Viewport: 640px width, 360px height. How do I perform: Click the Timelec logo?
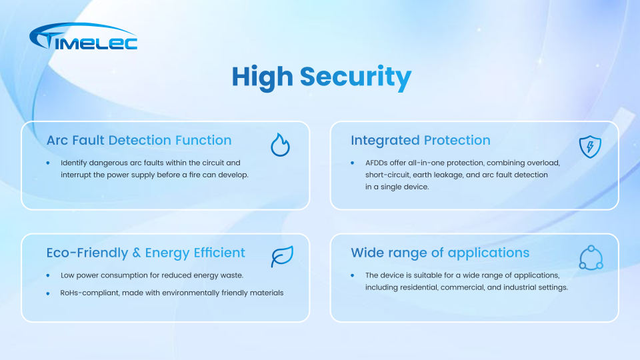coord(83,36)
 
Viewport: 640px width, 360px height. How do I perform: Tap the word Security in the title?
coord(355,77)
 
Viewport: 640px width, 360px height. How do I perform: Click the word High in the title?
coord(263,77)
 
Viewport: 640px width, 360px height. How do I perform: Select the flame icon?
coord(280,145)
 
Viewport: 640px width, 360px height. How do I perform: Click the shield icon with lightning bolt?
coord(590,147)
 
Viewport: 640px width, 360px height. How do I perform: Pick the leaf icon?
coord(282,256)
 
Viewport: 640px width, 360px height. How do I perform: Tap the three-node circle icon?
coord(591,257)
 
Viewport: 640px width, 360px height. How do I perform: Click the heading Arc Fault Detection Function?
coord(139,141)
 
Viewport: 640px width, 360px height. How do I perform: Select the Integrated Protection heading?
coord(421,141)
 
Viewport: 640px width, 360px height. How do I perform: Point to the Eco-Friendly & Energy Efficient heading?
coord(146,253)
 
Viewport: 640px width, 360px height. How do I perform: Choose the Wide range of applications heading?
coord(440,253)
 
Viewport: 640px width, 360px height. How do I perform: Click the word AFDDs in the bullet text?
coord(376,163)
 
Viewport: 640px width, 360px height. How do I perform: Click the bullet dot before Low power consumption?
coord(48,275)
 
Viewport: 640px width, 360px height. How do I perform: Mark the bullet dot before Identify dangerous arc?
coord(48,163)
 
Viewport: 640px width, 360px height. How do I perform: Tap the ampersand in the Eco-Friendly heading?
coord(136,253)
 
